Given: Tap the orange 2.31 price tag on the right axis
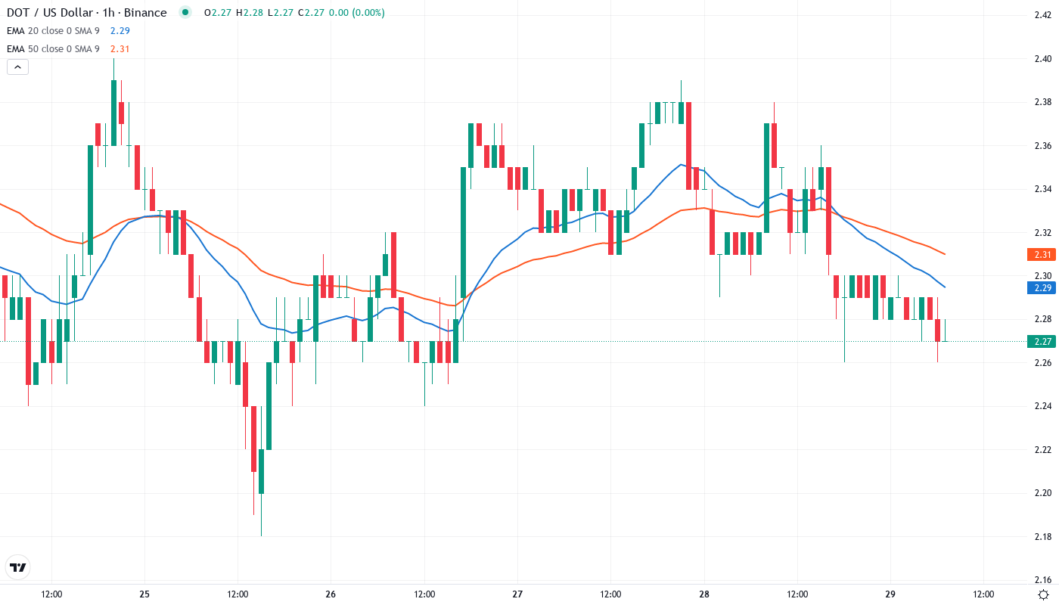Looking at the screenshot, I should pyautogui.click(x=1041, y=255).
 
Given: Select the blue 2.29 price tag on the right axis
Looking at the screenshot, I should pyautogui.click(x=1041, y=287).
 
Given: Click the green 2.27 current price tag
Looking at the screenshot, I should pyautogui.click(x=1041, y=341).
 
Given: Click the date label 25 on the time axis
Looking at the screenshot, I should pyautogui.click(x=144, y=594).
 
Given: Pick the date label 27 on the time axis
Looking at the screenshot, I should pyautogui.click(x=517, y=594).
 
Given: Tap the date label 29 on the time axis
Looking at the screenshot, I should pyautogui.click(x=890, y=594).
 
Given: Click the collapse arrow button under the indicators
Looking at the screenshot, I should pyautogui.click(x=17, y=67).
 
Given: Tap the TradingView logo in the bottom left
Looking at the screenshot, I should pyautogui.click(x=17, y=566).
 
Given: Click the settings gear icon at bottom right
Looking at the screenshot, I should pyautogui.click(x=1043, y=594).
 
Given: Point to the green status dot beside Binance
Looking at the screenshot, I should pyautogui.click(x=185, y=12).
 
